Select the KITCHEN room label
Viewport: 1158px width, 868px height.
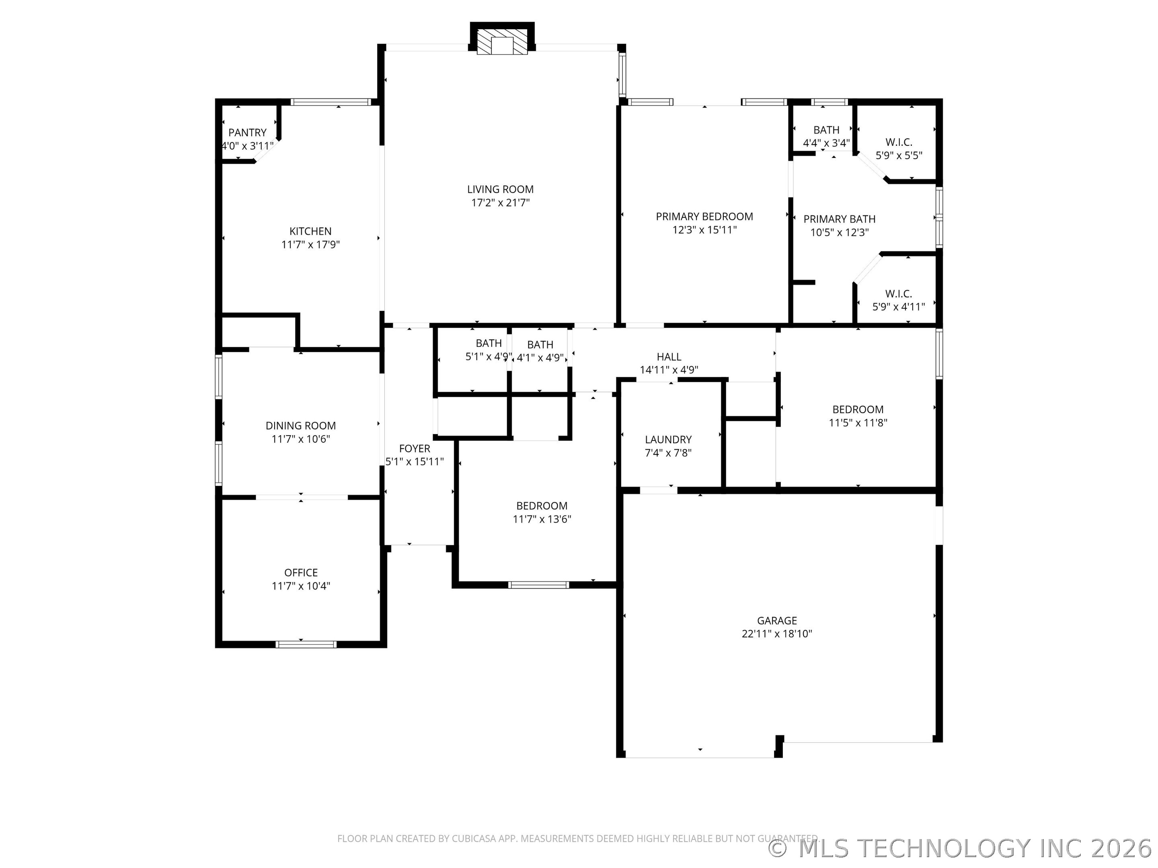click(310, 231)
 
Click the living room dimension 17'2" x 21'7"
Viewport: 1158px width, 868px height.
click(501, 203)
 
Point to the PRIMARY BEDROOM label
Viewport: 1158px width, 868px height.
click(704, 217)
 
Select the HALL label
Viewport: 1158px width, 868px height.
click(669, 357)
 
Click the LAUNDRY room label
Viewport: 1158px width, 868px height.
click(668, 440)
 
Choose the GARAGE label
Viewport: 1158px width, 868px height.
click(777, 621)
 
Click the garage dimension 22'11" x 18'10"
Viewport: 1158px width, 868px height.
click(777, 634)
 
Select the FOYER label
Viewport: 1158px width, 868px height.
click(415, 449)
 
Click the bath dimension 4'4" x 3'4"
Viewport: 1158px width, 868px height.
click(826, 143)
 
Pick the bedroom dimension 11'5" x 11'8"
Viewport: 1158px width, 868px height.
click(858, 423)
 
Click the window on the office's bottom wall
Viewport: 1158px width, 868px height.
click(306, 645)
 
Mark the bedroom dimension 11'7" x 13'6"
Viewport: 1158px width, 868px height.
click(542, 519)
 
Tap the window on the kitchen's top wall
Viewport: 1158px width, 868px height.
click(331, 102)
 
